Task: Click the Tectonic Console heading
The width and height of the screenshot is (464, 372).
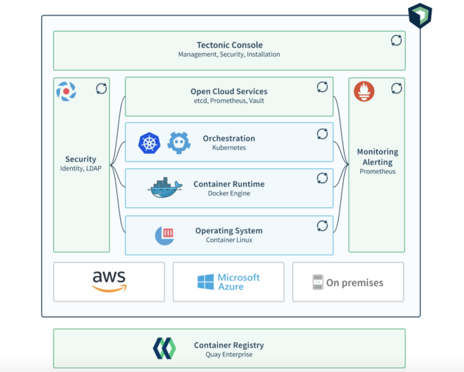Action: (x=230, y=45)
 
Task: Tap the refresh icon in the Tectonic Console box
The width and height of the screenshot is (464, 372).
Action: (x=396, y=40)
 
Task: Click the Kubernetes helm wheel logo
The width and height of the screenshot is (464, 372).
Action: (x=150, y=143)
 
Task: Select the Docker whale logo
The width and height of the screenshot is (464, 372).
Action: (x=164, y=187)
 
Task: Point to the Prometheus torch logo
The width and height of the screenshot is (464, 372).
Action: (x=364, y=91)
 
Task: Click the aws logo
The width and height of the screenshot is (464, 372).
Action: (x=109, y=282)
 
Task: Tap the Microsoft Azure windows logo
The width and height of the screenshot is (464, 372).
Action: (x=205, y=282)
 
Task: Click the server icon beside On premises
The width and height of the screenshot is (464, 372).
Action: (x=318, y=282)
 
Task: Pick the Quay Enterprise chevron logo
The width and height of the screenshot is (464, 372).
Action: (x=164, y=348)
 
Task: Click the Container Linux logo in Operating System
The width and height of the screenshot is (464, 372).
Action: (x=164, y=236)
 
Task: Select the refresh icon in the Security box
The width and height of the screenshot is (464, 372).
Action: (x=102, y=89)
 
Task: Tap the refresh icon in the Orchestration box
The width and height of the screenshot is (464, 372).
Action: (x=323, y=134)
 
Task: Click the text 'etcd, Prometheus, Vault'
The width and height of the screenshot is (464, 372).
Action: (x=229, y=101)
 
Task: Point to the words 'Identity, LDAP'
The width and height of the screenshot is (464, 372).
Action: (x=81, y=168)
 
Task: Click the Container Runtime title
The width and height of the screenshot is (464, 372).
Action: (x=229, y=184)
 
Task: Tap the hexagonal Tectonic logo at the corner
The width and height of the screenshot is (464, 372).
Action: (x=421, y=15)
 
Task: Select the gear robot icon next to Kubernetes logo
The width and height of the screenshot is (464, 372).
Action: (x=179, y=143)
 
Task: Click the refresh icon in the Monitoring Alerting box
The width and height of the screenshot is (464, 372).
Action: (x=396, y=88)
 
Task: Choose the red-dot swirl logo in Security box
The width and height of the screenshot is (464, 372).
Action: (x=66, y=91)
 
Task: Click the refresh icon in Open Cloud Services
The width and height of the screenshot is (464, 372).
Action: (x=323, y=87)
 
